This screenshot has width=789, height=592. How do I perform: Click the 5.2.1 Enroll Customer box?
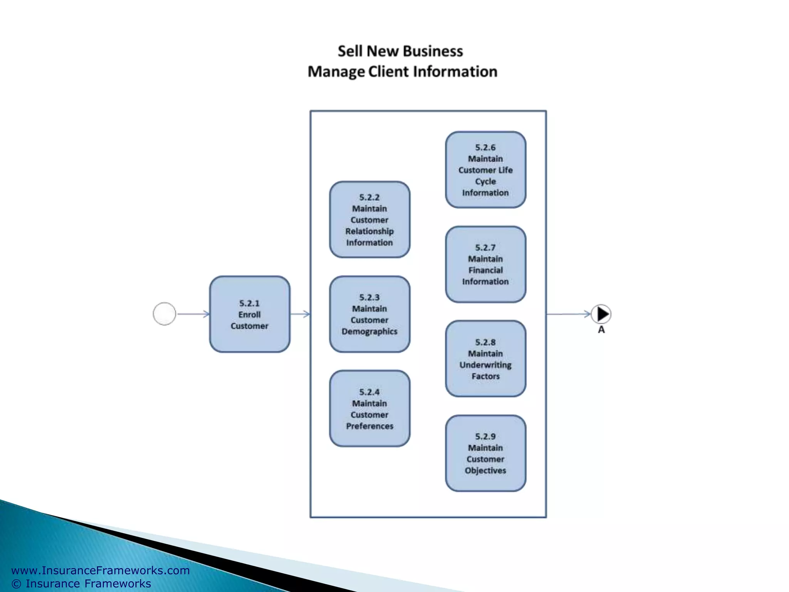click(250, 314)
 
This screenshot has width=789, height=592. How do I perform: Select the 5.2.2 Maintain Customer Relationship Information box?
click(369, 220)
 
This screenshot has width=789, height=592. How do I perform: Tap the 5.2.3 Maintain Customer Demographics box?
click(369, 314)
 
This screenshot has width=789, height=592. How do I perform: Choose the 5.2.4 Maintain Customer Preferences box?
click(369, 409)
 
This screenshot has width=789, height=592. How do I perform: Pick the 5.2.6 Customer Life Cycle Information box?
click(485, 170)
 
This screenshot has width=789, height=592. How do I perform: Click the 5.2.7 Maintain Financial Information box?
click(485, 264)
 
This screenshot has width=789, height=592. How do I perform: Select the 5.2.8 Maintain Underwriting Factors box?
click(485, 359)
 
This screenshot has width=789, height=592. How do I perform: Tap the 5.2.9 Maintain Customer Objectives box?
click(485, 453)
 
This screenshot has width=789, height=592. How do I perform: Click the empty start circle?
click(165, 314)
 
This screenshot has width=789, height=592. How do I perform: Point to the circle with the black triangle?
click(601, 314)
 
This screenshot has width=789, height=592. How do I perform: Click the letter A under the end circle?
click(601, 330)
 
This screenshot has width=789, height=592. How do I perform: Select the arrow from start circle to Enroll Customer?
click(193, 314)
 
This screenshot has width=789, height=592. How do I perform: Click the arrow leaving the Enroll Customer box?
click(300, 314)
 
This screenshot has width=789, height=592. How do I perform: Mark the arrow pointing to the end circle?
click(568, 314)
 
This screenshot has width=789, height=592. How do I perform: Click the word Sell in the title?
click(350, 51)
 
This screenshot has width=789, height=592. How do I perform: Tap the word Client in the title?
click(388, 72)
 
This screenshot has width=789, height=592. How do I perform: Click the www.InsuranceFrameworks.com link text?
click(101, 570)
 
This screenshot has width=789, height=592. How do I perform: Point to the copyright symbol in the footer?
click(16, 584)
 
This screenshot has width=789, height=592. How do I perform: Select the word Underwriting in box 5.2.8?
click(485, 365)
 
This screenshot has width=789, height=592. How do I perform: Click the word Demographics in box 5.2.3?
click(369, 331)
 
